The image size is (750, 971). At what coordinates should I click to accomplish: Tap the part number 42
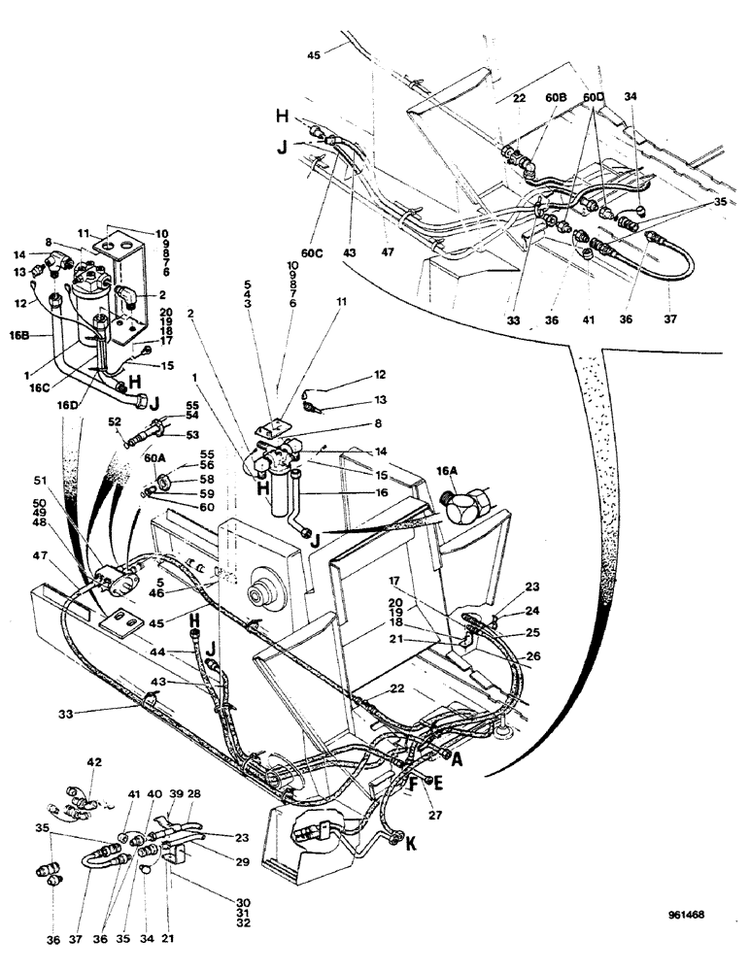[x=93, y=760]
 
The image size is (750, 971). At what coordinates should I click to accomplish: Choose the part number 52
[x=115, y=421]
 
